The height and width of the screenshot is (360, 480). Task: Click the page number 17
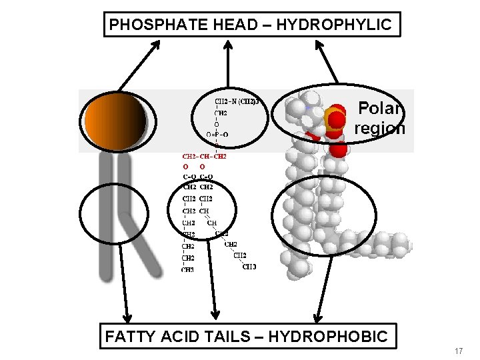click(x=458, y=351)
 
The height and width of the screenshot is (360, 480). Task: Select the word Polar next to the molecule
click(x=381, y=108)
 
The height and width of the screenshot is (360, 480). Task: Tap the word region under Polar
click(x=380, y=128)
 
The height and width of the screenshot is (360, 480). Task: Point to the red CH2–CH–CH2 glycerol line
click(x=205, y=157)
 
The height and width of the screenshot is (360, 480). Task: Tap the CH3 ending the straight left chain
click(x=187, y=269)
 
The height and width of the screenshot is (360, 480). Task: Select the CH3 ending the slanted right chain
click(x=249, y=266)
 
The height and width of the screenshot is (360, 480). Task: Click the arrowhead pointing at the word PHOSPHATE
click(x=157, y=44)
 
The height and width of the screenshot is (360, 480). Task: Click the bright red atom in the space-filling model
click(x=337, y=121)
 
